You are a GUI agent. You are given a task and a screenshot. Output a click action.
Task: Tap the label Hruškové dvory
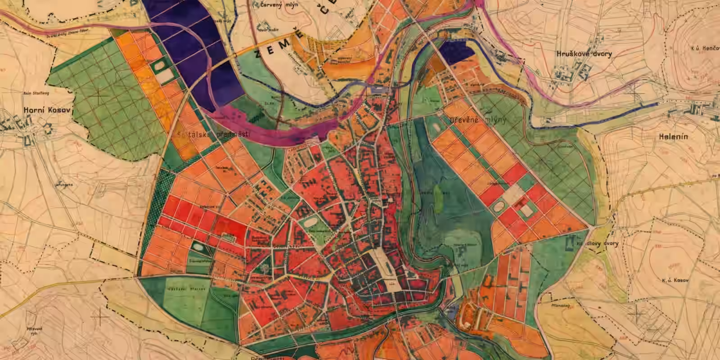pyautogui.click(x=584, y=54)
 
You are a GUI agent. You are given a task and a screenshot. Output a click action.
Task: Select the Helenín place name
pyautogui.click(x=673, y=137)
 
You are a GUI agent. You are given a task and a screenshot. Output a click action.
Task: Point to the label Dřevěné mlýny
pyautogui.click(x=478, y=121)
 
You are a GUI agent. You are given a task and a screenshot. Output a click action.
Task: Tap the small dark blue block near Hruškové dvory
pyautogui.click(x=456, y=53)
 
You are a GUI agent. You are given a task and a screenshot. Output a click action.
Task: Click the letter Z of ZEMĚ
pyautogui.click(x=257, y=55)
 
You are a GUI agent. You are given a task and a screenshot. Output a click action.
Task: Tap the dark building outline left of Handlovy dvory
pyautogui.click(x=569, y=243)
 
